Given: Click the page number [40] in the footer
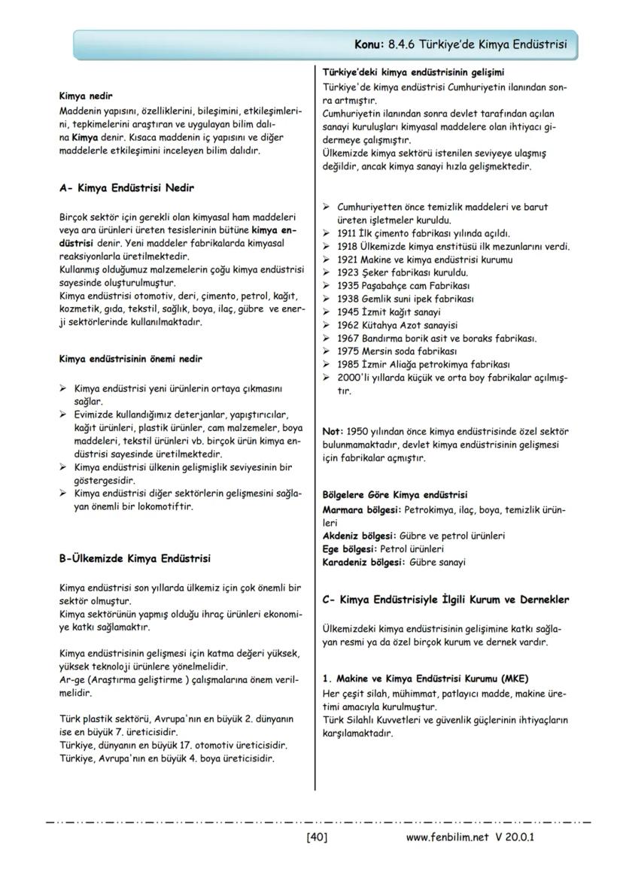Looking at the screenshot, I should click(x=317, y=837).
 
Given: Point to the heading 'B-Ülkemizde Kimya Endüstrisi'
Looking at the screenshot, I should click(x=135, y=558).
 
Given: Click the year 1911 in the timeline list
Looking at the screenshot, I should click(x=348, y=232).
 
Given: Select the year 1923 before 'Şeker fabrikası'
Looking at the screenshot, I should click(x=348, y=272).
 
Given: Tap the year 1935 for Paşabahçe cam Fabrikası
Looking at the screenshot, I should click(x=348, y=285).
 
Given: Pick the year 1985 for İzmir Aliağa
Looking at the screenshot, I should click(x=348, y=364).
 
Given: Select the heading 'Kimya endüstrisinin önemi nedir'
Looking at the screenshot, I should click(x=130, y=359).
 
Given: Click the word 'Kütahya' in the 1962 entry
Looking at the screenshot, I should click(x=381, y=325).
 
